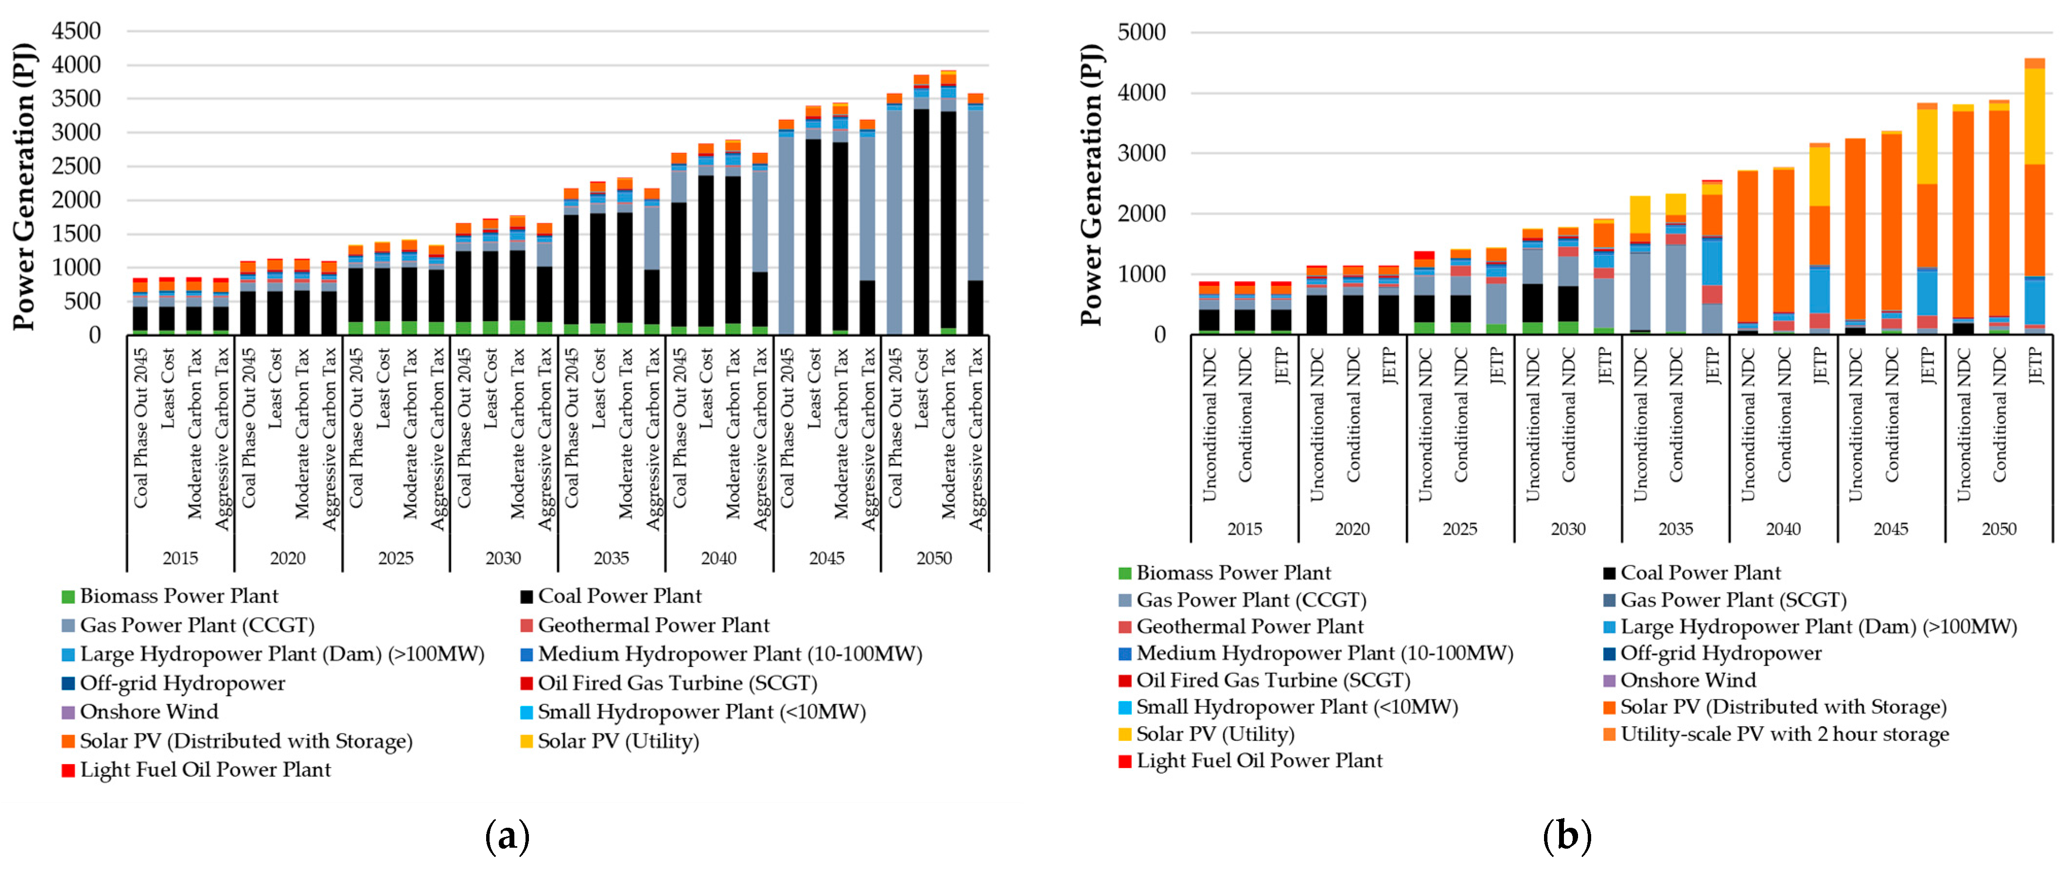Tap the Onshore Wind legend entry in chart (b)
[x=1687, y=681]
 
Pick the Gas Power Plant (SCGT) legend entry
[x=1733, y=600]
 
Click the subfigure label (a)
[x=508, y=837]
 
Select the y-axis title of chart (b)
[x=1091, y=185]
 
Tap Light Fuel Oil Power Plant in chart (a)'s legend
[x=205, y=770]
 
